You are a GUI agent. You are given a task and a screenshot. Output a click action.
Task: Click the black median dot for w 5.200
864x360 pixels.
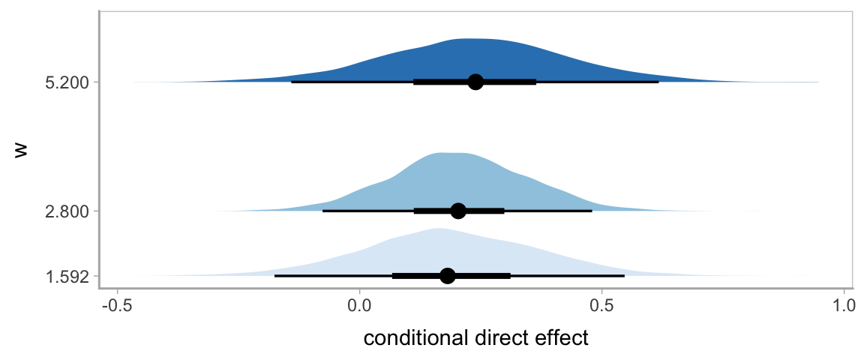(x=475, y=82)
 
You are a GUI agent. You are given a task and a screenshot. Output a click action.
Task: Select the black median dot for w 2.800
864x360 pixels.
(x=458, y=211)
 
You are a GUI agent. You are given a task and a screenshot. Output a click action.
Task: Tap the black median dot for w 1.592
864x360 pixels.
(x=448, y=276)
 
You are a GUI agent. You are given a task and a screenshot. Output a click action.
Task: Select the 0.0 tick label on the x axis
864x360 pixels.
(x=360, y=306)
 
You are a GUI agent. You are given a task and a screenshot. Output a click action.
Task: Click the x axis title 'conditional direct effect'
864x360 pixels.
(x=475, y=338)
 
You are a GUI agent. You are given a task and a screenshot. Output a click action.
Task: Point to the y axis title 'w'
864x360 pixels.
(x=22, y=149)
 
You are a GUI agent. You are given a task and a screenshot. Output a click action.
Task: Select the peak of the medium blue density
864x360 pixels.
(x=448, y=153)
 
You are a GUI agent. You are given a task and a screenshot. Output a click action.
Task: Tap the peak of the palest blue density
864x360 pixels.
(x=437, y=229)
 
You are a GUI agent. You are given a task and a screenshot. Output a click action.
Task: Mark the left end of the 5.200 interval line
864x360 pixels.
(x=292, y=82)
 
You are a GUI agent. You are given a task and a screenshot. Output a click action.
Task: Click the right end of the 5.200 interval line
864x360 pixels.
(x=658, y=82)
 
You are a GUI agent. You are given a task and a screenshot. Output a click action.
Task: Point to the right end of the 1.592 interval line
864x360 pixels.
(x=624, y=276)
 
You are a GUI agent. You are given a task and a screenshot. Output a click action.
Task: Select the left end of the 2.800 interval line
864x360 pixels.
(x=323, y=211)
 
